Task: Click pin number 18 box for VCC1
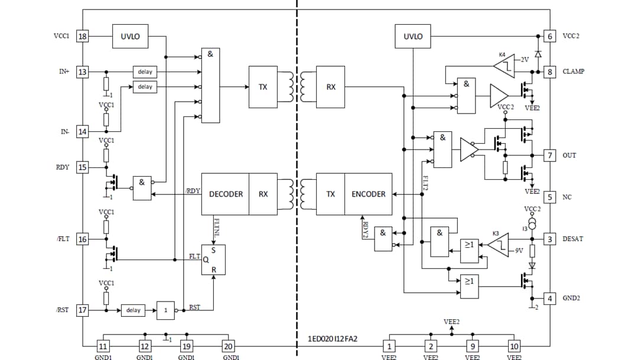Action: (x=83, y=37)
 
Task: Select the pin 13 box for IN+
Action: (x=83, y=72)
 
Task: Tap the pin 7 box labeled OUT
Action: (x=550, y=155)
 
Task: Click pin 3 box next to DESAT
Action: (x=550, y=239)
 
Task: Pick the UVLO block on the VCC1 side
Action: (x=130, y=37)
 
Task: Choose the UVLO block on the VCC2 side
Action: (x=413, y=37)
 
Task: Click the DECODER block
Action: (x=226, y=194)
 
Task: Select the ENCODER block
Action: (x=368, y=194)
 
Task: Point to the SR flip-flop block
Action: (x=213, y=260)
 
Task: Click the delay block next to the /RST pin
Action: (x=134, y=310)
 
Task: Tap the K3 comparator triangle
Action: (x=499, y=245)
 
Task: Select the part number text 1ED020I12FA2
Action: (x=333, y=339)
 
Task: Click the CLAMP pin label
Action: (x=573, y=72)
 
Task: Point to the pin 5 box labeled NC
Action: (x=550, y=197)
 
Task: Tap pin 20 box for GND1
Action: (x=228, y=346)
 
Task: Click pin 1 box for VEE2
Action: (x=389, y=346)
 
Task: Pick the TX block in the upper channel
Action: (x=263, y=87)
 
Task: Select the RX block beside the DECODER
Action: (x=263, y=194)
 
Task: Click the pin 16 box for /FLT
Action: (x=83, y=239)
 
